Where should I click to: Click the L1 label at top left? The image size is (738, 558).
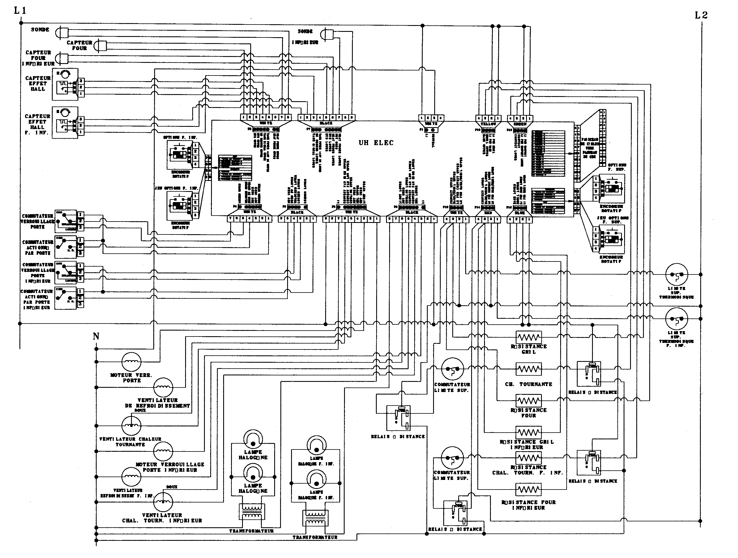click(x=20, y=11)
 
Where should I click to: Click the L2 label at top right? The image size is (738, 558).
click(x=701, y=15)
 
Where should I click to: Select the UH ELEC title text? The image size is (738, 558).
click(x=376, y=143)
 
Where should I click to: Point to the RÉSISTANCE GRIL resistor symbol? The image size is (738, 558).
click(x=528, y=337)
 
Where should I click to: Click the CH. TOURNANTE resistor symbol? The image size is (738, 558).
click(x=528, y=369)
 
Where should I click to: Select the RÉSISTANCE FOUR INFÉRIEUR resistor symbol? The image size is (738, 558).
click(x=528, y=490)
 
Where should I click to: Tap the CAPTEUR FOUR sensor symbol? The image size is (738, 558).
click(x=100, y=46)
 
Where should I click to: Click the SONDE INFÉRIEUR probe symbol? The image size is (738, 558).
click(x=327, y=34)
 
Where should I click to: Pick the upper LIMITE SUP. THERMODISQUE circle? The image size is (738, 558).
click(x=677, y=275)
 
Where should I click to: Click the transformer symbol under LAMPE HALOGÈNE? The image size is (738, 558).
click(x=252, y=511)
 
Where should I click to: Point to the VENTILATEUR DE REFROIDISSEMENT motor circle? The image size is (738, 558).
click(x=163, y=387)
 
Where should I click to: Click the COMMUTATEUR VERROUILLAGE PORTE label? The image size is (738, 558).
click(x=37, y=221)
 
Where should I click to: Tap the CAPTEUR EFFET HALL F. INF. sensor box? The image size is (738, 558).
click(x=65, y=123)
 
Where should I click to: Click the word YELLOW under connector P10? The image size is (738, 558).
click(x=488, y=124)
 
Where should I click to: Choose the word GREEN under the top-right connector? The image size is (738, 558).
click(x=520, y=124)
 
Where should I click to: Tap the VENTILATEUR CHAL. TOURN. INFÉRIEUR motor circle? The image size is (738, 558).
click(x=163, y=502)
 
